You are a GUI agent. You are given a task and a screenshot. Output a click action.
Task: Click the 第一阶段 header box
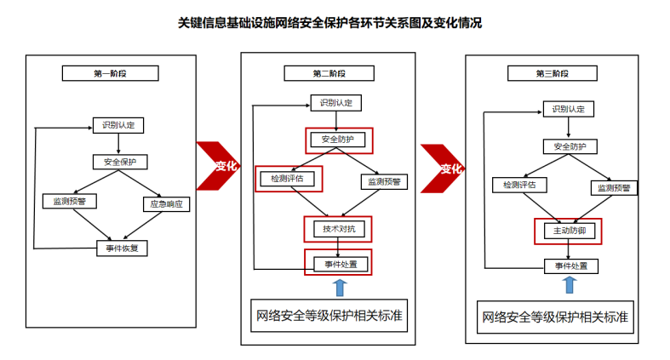[110, 73]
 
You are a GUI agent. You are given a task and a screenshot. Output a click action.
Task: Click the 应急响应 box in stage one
[166, 203]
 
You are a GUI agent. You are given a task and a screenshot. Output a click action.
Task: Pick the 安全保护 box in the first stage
[120, 162]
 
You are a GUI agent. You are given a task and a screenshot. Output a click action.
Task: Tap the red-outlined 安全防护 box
[338, 139]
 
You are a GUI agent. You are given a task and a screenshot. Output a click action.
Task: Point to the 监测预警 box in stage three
[612, 186]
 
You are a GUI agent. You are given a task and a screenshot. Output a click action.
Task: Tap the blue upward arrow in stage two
[340, 287]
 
